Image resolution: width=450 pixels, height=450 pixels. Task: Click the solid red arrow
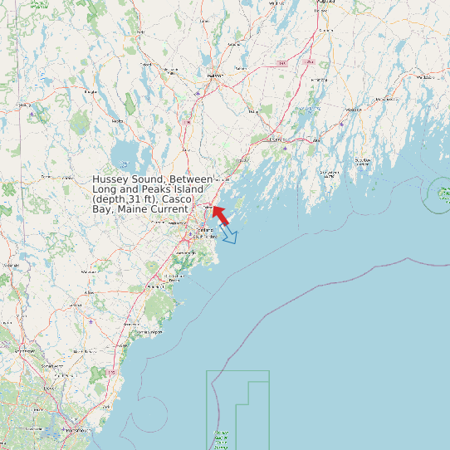[x=220, y=215]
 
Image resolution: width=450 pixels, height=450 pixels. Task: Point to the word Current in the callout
[x=165, y=209]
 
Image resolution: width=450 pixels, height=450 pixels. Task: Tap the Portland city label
[x=199, y=231]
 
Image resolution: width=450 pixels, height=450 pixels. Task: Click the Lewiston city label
[x=214, y=76]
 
